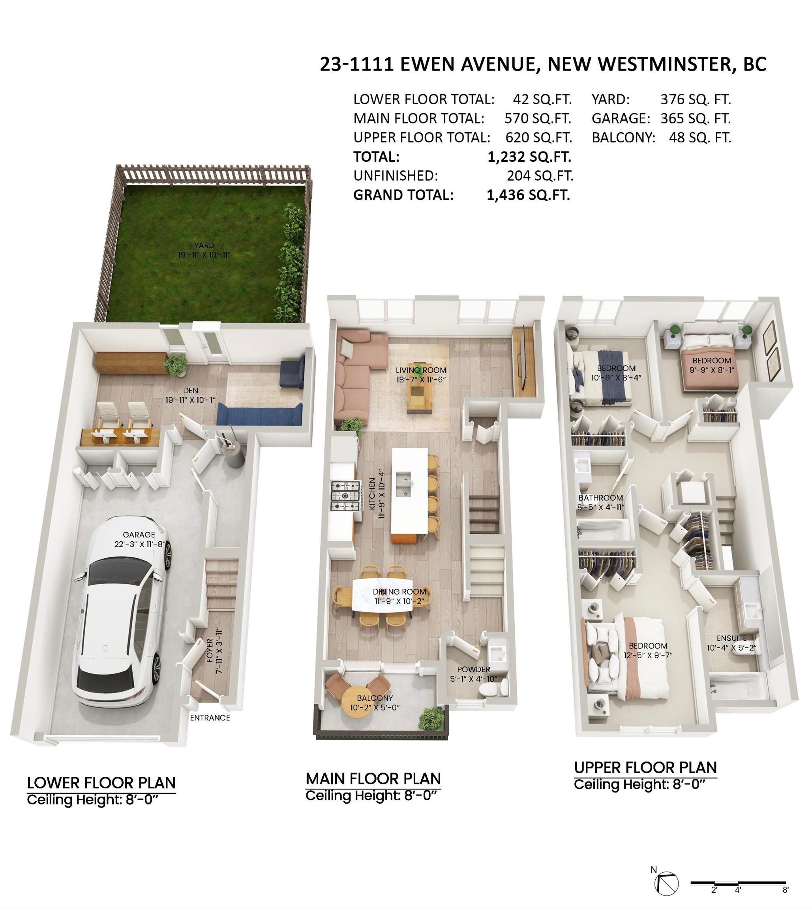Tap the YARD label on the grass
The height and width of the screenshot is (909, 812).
[204, 245]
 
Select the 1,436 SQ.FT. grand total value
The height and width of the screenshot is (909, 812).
[528, 195]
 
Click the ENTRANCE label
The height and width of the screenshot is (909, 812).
[210, 718]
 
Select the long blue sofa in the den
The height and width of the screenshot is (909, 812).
[259, 415]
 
